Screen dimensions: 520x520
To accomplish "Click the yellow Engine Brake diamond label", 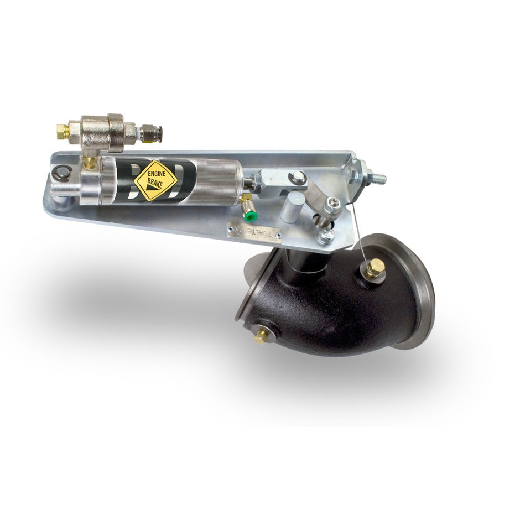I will tap(155, 180).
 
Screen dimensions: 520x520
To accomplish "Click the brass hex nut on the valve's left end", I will tap(62, 131).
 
